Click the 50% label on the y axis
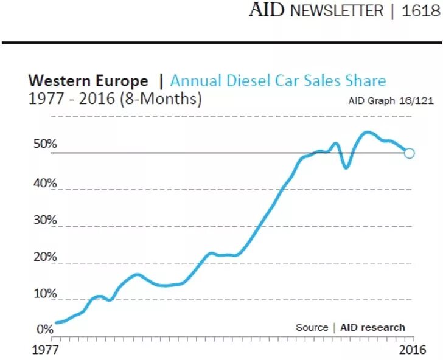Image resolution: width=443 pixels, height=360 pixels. click(x=46, y=145)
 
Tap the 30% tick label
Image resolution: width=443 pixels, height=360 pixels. click(x=46, y=220)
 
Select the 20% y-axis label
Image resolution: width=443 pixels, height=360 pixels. click(x=46, y=257)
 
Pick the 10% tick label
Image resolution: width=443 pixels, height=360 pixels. click(x=46, y=294)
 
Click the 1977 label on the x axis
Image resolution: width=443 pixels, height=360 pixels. click(x=44, y=350)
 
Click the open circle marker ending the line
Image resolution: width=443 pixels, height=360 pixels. click(x=410, y=153)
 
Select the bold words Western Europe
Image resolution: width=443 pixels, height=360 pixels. click(x=88, y=81)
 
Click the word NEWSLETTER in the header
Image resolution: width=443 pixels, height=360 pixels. click(x=337, y=11)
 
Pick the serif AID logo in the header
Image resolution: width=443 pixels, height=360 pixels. click(x=267, y=10)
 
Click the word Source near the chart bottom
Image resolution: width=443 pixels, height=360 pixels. click(x=312, y=327)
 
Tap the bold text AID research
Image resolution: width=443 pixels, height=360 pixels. click(x=372, y=327)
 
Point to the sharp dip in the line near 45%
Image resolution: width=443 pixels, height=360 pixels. click(x=346, y=167)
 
